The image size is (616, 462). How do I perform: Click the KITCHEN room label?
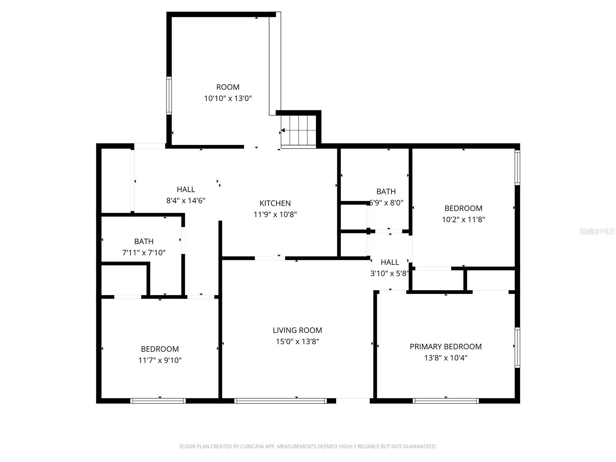tap(275, 203)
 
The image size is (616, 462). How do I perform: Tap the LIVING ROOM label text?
tap(297, 330)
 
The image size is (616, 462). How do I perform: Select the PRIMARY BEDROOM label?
tap(445, 346)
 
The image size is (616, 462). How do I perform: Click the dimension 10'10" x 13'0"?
tap(228, 98)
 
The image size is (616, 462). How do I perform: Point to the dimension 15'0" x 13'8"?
tap(297, 341)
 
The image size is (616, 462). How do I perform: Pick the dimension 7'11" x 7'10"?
tap(144, 253)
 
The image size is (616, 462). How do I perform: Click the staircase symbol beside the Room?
tap(299, 131)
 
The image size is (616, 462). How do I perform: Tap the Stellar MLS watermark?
tap(596, 231)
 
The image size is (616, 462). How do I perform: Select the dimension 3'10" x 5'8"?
tap(389, 274)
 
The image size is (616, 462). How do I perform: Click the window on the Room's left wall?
tap(169, 95)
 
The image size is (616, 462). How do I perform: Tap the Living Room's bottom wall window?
tap(280, 401)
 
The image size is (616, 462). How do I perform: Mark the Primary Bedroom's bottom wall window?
tap(445, 401)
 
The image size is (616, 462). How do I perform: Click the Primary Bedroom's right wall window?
tap(517, 347)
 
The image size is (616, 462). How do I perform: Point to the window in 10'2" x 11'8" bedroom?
tap(517, 167)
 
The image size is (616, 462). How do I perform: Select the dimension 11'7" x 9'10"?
tap(160, 360)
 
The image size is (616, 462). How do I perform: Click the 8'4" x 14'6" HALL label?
tap(186, 189)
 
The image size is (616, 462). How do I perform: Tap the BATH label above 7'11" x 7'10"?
tap(144, 241)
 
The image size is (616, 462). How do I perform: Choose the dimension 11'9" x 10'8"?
tap(275, 214)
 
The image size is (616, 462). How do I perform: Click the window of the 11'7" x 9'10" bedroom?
tap(158, 401)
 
